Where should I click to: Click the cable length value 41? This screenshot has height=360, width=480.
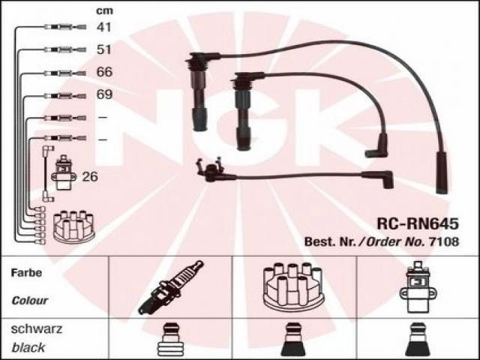click(x=104, y=27)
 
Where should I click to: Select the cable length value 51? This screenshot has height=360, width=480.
click(x=104, y=49)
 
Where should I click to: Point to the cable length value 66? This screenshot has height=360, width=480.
click(x=104, y=72)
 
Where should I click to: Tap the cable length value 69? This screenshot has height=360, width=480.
click(x=104, y=94)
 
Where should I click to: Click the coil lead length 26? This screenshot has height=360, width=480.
click(x=90, y=177)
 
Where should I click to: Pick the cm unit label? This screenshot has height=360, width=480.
click(x=104, y=10)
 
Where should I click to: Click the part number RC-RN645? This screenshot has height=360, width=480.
click(x=418, y=223)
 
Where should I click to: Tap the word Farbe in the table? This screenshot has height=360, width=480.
click(x=26, y=272)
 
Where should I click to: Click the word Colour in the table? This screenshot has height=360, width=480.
click(x=30, y=301)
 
